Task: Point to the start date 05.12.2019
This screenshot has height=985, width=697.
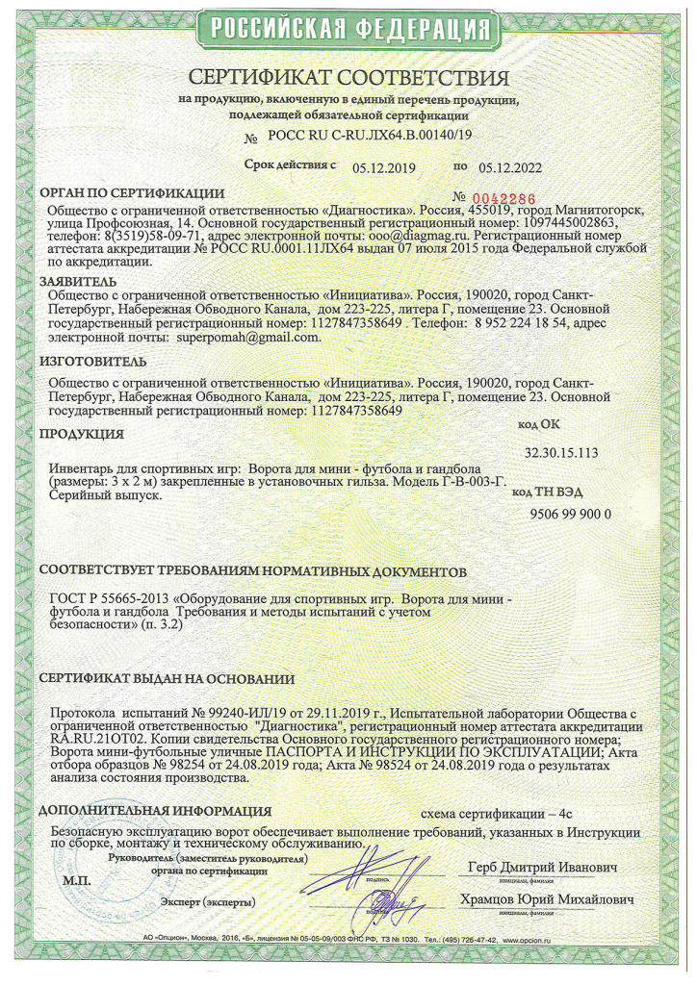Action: pyautogui.click(x=383, y=167)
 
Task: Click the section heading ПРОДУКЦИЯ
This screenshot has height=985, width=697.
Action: pyautogui.click(x=82, y=434)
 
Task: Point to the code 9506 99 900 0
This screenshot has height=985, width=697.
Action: pyautogui.click(x=571, y=514)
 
